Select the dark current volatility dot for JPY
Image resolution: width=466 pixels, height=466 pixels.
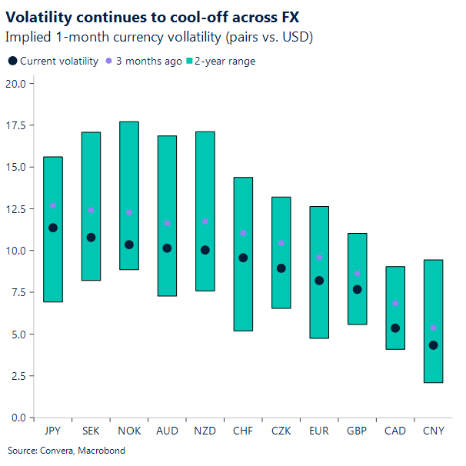click(x=53, y=228)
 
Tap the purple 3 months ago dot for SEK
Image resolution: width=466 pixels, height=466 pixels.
click(x=91, y=210)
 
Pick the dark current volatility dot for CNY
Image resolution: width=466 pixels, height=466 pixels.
click(x=434, y=345)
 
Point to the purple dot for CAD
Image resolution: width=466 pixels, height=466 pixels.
click(x=395, y=304)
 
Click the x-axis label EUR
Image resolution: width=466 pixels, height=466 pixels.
click(x=319, y=431)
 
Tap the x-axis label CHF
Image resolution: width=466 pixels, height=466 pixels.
click(x=243, y=431)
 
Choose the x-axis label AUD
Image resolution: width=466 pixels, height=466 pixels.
click(x=167, y=431)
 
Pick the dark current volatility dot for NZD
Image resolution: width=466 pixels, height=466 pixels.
click(x=205, y=250)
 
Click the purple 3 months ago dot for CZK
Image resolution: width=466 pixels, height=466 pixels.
click(x=281, y=243)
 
